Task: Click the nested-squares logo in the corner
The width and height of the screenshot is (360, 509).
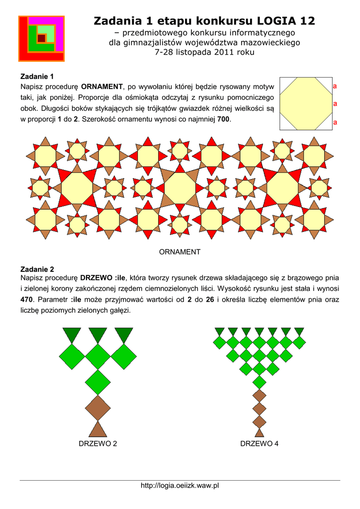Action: pyautogui.click(x=41, y=38)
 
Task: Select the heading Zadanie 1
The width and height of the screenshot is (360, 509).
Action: pyautogui.click(x=36, y=77)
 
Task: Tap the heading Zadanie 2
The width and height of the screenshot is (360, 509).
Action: pyautogui.click(x=36, y=269)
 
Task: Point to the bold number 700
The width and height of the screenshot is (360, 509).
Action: pyautogui.click(x=224, y=120)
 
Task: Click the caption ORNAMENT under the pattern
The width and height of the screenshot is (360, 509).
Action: pyautogui.click(x=180, y=252)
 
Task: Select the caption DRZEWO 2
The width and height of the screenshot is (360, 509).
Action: pyautogui.click(x=98, y=443)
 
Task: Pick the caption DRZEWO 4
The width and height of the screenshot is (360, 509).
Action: pyautogui.click(x=259, y=443)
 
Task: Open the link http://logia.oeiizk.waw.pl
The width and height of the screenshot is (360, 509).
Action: pyautogui.click(x=180, y=486)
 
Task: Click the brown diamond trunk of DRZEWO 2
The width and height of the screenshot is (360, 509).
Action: pyautogui.click(x=98, y=408)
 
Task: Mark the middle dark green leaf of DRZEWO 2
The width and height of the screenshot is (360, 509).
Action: pyautogui.click(x=98, y=335)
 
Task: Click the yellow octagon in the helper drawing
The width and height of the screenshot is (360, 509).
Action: pyautogui.click(x=306, y=103)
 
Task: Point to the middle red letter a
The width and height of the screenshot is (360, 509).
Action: pyautogui.click(x=335, y=104)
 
